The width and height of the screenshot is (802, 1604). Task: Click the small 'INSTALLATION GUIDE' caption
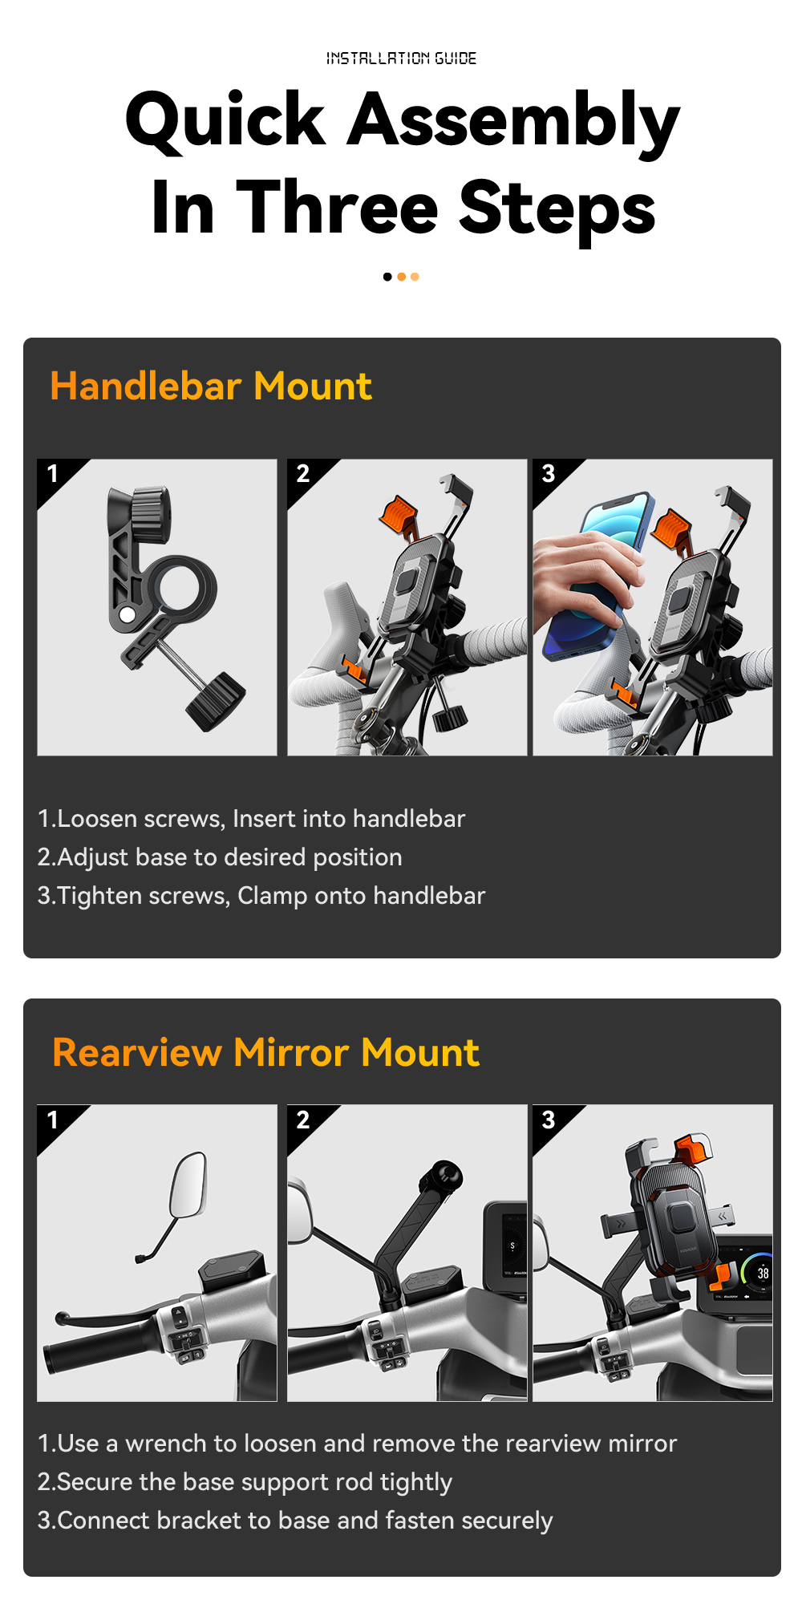click(x=401, y=58)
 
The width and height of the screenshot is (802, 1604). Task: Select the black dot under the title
click(x=387, y=277)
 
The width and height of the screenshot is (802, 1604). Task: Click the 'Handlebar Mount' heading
click(x=211, y=386)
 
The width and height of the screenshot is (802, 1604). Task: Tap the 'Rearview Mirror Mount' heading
click(x=265, y=1052)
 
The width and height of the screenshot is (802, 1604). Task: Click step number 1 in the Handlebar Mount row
click(x=53, y=473)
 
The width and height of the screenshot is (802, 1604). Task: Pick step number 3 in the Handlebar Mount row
click(x=549, y=473)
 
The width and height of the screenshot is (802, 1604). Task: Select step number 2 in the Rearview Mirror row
click(x=303, y=1120)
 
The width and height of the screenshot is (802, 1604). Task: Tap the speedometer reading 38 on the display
click(x=763, y=1273)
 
